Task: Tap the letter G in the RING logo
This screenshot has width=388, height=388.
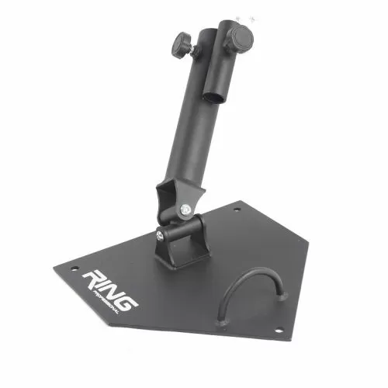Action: click(x=129, y=296)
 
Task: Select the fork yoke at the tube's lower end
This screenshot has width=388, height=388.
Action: click(x=175, y=198)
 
